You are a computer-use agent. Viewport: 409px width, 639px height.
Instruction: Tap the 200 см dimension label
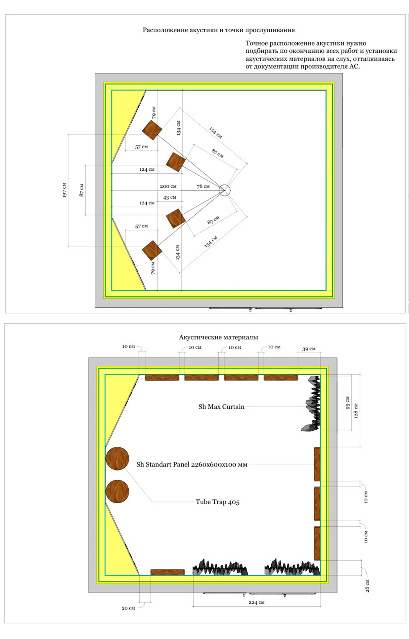pyautogui.click(x=168, y=186)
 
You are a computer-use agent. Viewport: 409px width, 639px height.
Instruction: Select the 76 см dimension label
pyautogui.click(x=203, y=186)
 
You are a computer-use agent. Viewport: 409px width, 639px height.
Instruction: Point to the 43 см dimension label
pyautogui.click(x=170, y=197)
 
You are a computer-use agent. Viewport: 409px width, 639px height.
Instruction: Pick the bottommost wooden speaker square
pyautogui.click(x=152, y=250)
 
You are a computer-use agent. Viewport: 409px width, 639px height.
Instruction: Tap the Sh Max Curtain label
pyautogui.click(x=221, y=407)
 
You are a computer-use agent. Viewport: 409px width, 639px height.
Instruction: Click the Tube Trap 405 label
pyautogui.click(x=217, y=502)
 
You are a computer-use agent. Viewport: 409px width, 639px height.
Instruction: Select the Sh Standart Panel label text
pyautogui.click(x=192, y=465)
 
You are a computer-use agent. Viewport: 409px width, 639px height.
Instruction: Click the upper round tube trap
pyautogui.click(x=117, y=458)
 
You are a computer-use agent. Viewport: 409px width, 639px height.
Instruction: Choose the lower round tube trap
pyautogui.click(x=117, y=491)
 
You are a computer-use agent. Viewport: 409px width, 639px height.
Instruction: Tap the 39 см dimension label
pyautogui.click(x=309, y=349)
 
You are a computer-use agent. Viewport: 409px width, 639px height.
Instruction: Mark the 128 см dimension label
pyautogui.click(x=356, y=411)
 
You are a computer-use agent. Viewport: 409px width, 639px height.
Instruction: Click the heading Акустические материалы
pyautogui.click(x=218, y=337)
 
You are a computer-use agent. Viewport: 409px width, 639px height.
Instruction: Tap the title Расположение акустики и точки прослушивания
pyautogui.click(x=219, y=30)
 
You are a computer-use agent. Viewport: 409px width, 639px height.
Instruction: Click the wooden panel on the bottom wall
pyautogui.click(x=168, y=572)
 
